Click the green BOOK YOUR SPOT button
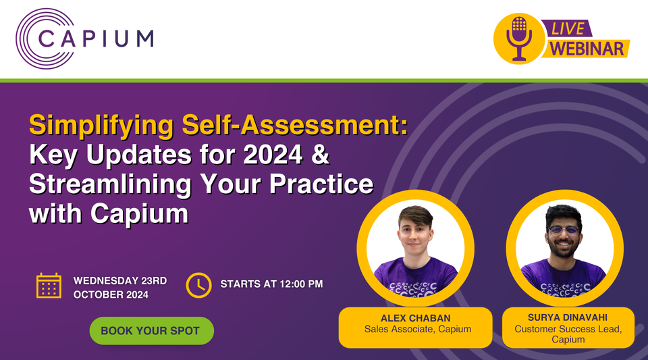[x=151, y=331]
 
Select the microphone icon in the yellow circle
[x=519, y=37]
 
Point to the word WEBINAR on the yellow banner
[x=587, y=49]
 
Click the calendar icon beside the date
[x=49, y=286]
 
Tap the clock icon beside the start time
[x=198, y=284]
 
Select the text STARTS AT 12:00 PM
[x=271, y=284]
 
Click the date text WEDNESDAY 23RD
[x=119, y=280]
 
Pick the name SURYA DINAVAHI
[x=566, y=318]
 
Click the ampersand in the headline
[x=320, y=155]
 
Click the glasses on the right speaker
[x=564, y=230]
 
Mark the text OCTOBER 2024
[x=111, y=294]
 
